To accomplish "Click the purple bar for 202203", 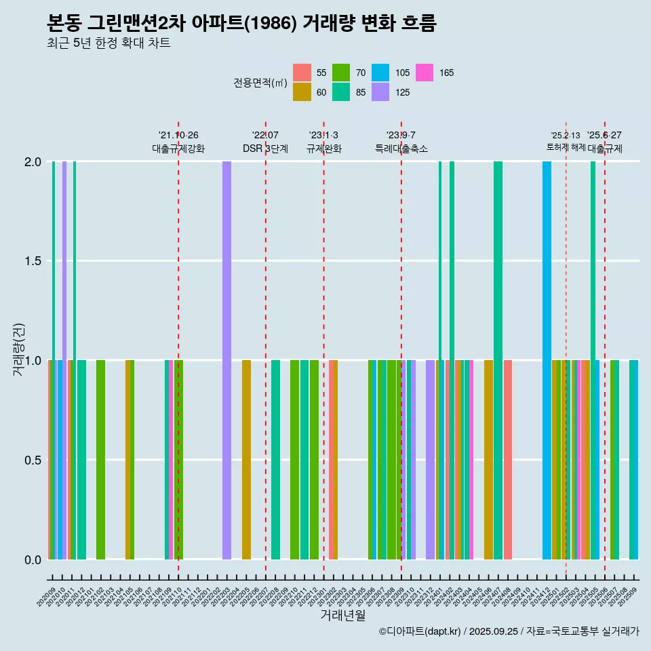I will coord(226,360).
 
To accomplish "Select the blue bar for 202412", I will coord(547,360).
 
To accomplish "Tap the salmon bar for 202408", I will coord(508,460).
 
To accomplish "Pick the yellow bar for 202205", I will coord(246,460).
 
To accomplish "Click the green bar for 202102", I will coord(100,460).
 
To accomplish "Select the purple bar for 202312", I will coord(430,460).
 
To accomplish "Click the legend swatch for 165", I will coord(425,73).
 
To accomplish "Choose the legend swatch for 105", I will coord(380,73).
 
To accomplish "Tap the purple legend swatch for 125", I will coord(380,92).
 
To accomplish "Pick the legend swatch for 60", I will coord(302,92).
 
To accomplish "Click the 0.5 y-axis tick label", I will coord(33,460).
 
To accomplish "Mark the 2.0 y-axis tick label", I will coord(33,162).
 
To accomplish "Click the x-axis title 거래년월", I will coord(342,615).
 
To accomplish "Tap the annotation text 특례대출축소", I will coord(401,149).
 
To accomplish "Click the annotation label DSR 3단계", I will coord(265,149).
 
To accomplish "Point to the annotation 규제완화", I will coord(323,149).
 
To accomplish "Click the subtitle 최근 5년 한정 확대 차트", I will coord(108,43).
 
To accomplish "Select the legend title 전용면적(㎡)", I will coord(260,83).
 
